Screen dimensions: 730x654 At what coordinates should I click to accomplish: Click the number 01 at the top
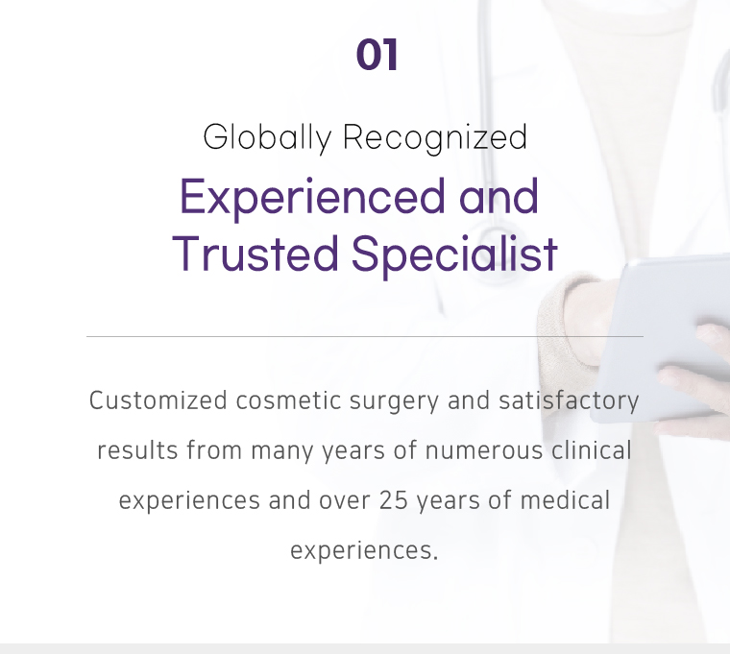pyautogui.click(x=377, y=55)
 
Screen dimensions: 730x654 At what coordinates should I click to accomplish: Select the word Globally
pyautogui.click(x=267, y=137)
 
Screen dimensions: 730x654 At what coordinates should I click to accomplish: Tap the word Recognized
pyautogui.click(x=435, y=137)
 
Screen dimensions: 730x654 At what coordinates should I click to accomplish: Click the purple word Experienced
pyautogui.click(x=312, y=198)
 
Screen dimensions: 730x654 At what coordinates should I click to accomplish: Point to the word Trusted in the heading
pyautogui.click(x=255, y=254)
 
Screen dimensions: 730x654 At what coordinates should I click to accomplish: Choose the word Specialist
pyautogui.click(x=454, y=255)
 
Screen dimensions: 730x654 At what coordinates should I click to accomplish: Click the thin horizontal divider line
pyautogui.click(x=365, y=336)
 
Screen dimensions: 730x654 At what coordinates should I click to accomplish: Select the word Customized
pyautogui.click(x=158, y=400)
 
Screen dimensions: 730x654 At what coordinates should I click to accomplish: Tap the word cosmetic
pyautogui.click(x=289, y=400)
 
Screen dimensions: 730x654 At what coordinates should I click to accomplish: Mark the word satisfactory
pyautogui.click(x=569, y=401)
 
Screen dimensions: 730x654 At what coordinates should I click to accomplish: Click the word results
pyautogui.click(x=137, y=450)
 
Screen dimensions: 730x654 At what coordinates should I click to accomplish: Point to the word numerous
pyautogui.click(x=484, y=451)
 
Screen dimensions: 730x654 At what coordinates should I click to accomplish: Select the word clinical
pyautogui.click(x=592, y=450)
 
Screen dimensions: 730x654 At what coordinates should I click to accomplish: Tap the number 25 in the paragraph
pyautogui.click(x=394, y=501)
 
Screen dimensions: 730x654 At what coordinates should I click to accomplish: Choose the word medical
pyautogui.click(x=565, y=500)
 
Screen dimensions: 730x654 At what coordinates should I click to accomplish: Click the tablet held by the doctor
pyautogui.click(x=661, y=340)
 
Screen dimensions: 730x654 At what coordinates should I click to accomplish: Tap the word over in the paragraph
pyautogui.click(x=345, y=501)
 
